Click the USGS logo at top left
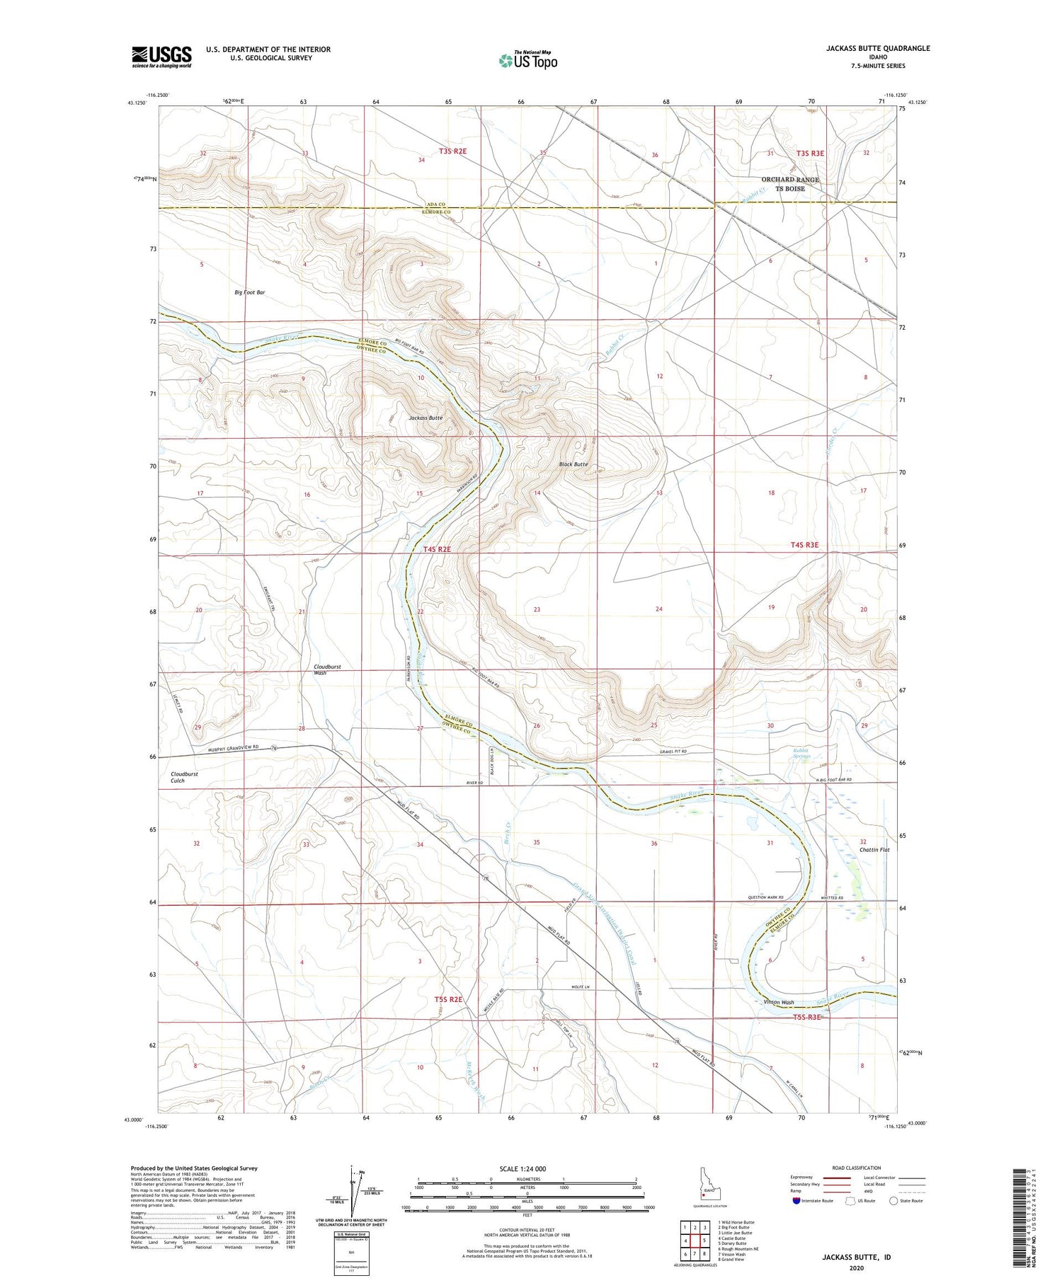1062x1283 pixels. coord(161,57)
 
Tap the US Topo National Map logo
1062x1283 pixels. coord(527,61)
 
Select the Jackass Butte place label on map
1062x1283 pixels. coord(426,418)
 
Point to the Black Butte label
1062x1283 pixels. coord(573,464)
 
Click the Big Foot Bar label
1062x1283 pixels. coord(250,292)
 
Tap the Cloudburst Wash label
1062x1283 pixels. coord(328,669)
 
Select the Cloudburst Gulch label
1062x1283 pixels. coord(185,777)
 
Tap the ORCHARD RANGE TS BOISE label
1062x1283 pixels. coord(790,184)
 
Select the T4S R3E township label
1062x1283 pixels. coord(804,544)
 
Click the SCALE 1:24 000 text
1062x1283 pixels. coord(527,1168)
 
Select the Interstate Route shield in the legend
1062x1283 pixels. coord(796,1201)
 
